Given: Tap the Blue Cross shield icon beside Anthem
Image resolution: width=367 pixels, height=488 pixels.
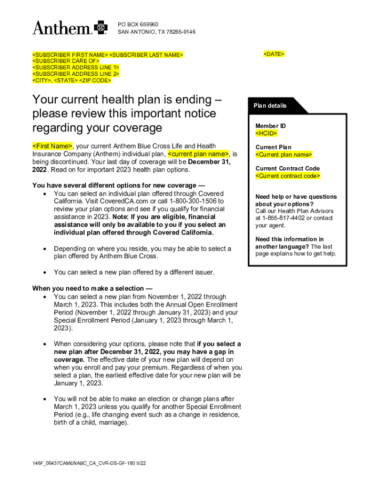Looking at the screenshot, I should click(x=101, y=28).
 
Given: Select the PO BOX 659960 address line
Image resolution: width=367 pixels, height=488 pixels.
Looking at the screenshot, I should click(x=138, y=24).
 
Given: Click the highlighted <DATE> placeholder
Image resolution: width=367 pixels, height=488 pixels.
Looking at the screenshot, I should click(x=274, y=54).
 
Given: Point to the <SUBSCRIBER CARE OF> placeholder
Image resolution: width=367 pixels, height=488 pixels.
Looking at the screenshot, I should click(x=66, y=61).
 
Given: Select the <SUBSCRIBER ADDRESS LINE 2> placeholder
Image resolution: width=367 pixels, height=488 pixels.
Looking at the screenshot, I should click(x=76, y=74).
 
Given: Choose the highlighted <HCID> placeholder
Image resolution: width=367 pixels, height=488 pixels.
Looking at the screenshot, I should click(x=266, y=133).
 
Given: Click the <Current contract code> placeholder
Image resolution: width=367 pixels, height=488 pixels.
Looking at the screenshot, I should click(x=288, y=176).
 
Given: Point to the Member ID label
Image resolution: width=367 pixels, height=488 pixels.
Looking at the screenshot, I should click(x=271, y=126).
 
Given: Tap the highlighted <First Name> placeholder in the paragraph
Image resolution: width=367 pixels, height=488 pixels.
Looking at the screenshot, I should click(x=52, y=146).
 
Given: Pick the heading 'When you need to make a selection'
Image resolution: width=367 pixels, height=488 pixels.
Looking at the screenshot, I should click(x=92, y=288).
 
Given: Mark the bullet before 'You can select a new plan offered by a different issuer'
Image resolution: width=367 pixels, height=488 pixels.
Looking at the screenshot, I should click(x=44, y=273).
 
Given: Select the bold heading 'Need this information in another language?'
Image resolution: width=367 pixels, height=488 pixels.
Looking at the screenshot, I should click(x=289, y=243).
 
